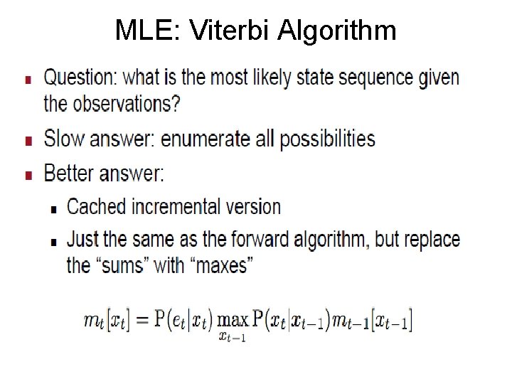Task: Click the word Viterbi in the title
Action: click(233, 30)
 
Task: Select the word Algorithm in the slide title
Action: click(338, 30)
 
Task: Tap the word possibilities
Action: click(327, 139)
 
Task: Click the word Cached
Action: click(95, 207)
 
